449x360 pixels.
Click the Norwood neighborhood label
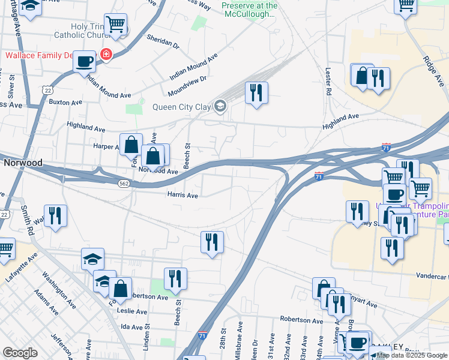(23, 163)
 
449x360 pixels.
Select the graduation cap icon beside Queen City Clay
(220, 107)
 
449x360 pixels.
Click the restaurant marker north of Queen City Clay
(256, 92)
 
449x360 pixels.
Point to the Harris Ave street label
(182, 196)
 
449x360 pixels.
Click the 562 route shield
(124, 184)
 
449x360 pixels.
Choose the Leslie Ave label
(133, 312)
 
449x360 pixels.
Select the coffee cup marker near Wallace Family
(85, 61)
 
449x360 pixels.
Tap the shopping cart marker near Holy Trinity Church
(115, 25)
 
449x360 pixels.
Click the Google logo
(20, 353)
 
